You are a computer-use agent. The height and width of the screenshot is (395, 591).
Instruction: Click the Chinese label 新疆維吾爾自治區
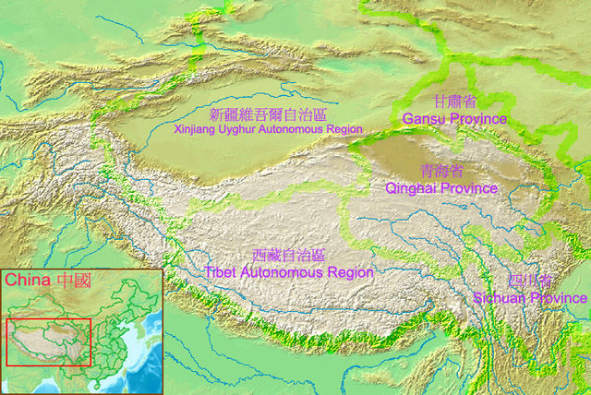coord(268,115)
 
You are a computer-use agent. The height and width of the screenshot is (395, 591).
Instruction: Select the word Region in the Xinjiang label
coord(344,130)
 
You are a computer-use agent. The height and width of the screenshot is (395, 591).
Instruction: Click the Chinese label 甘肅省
coord(455,102)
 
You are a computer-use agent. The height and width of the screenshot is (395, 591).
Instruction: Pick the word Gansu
coord(424,119)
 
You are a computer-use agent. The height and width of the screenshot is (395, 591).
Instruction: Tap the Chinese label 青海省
coord(440,172)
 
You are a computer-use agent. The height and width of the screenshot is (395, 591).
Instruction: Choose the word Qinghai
coord(410,188)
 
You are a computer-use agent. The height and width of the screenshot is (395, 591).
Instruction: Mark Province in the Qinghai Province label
coord(468,188)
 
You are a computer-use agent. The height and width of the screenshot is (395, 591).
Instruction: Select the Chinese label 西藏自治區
coord(288,256)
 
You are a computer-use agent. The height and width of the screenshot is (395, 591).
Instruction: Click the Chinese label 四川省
coord(529,281)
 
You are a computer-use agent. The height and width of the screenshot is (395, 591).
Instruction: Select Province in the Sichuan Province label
coord(558,297)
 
